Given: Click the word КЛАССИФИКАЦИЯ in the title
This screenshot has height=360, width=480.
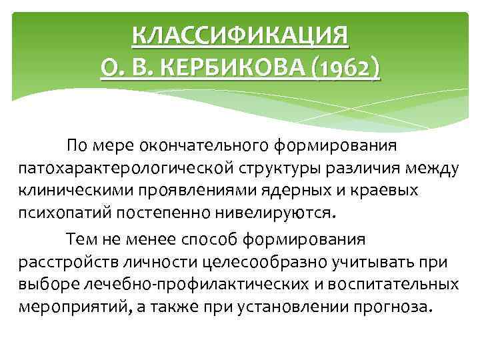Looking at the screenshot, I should (240, 34).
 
